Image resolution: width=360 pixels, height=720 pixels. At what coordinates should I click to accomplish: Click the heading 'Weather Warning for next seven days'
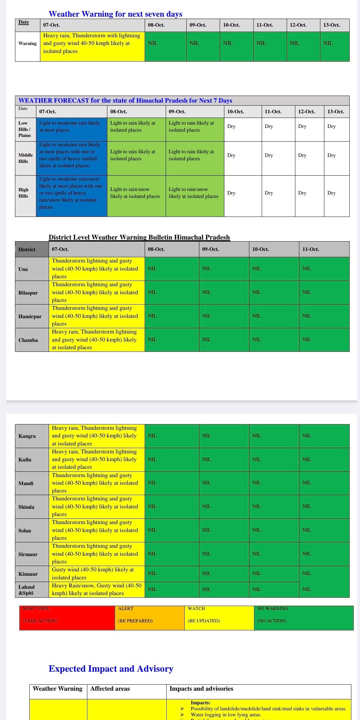pyautogui.click(x=115, y=14)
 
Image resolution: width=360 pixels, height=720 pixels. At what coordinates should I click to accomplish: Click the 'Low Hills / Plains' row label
pyautogui.click(x=25, y=129)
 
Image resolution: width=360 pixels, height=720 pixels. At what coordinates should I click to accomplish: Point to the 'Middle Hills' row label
pyautogui.click(x=25, y=158)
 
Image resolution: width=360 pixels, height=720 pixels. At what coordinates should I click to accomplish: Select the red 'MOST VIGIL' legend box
pyautogui.click(x=67, y=618)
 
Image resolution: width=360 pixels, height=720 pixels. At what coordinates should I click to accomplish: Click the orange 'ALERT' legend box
pyautogui.click(x=149, y=618)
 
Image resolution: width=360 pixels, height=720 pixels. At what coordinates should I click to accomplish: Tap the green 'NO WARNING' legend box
pyautogui.click(x=303, y=618)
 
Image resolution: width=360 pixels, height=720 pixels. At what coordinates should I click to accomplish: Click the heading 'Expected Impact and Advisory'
pyautogui.click(x=111, y=669)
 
